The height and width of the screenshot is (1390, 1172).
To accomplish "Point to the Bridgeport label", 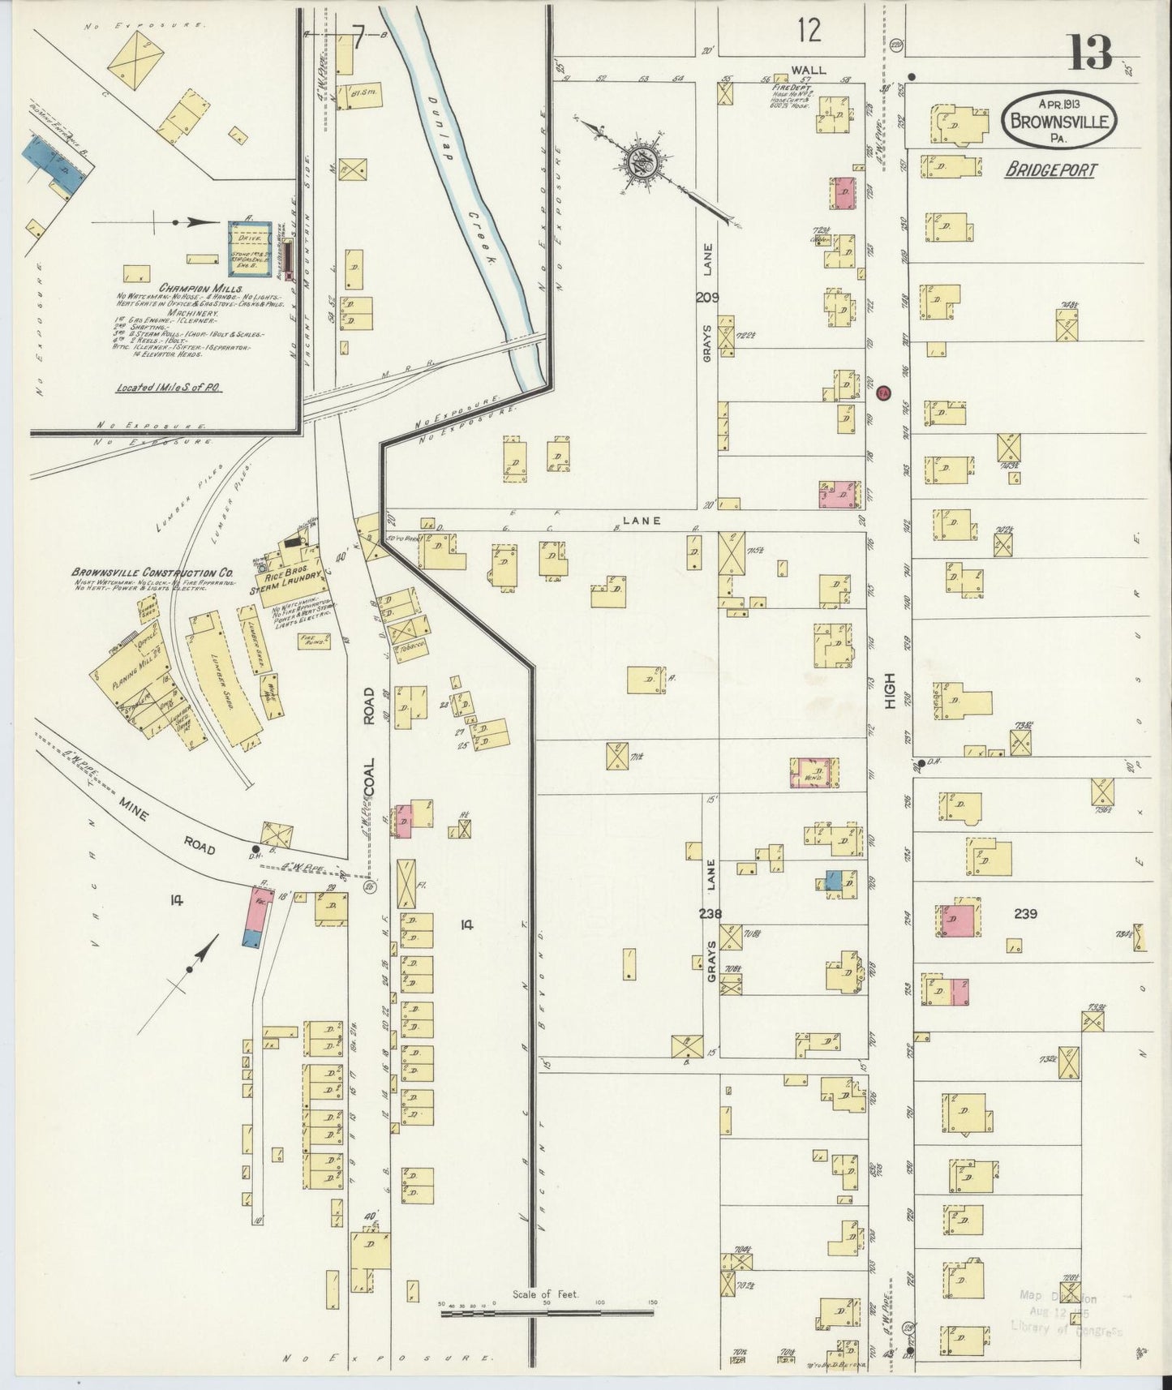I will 1050,170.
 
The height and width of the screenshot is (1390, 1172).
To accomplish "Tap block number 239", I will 1025,913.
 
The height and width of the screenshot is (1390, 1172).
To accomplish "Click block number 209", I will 706,298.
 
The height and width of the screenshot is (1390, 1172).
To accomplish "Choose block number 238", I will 711,913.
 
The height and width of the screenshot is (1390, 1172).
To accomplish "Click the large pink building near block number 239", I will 957,920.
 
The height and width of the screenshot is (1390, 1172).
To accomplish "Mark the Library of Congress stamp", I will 1066,1315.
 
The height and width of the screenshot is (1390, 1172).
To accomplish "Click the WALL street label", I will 809,70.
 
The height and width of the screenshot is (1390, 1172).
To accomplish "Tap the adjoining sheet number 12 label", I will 808,31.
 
